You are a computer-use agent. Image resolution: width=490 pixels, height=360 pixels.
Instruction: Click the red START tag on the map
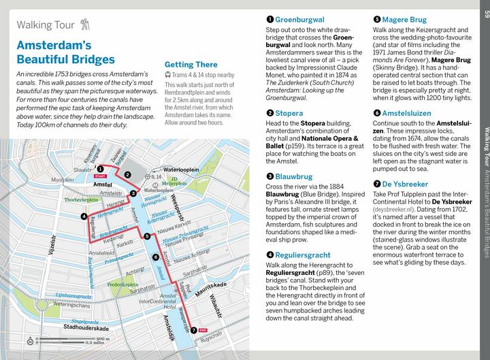pos(101,176)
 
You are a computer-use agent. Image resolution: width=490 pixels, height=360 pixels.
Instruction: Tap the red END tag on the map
pos(203,330)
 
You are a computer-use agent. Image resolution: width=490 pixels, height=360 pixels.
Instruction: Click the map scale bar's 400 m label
pos(103,338)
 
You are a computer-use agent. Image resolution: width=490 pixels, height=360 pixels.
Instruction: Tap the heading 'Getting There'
pos(191,64)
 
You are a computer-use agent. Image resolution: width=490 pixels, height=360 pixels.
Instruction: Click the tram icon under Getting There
pos(168,75)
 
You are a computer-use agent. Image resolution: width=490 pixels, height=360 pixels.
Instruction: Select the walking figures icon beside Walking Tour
pos(85,25)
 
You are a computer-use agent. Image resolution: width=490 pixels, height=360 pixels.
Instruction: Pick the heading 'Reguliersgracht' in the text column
pos(303,255)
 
